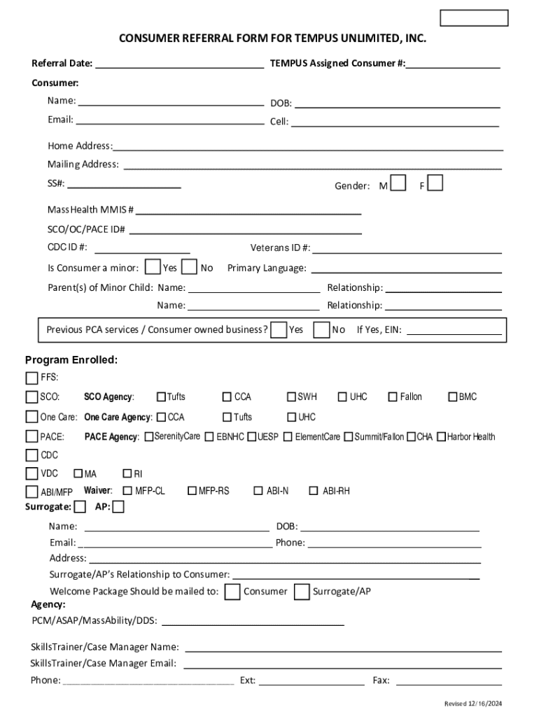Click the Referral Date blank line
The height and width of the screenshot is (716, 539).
tap(179, 64)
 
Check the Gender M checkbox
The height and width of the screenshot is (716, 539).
tap(398, 183)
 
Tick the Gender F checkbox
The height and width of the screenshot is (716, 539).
tap(435, 183)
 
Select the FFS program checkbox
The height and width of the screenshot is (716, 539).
tap(31, 378)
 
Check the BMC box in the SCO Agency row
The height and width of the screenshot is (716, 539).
tap(453, 397)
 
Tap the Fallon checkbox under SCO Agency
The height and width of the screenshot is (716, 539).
tap(393, 397)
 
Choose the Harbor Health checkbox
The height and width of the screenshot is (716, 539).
tap(442, 437)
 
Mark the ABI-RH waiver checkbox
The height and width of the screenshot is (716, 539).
tap(314, 491)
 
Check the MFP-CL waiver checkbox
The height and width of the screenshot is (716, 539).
tap(127, 491)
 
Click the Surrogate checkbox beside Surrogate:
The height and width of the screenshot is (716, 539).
tap(80, 506)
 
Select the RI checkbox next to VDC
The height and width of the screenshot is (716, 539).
tap(127, 474)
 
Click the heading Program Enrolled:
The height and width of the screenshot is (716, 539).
tap(71, 360)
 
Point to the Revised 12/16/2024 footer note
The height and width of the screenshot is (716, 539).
tap(473, 703)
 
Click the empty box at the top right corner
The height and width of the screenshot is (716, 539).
tap(474, 18)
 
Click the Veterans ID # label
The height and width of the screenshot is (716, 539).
tap(280, 248)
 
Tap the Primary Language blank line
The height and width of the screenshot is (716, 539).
tap(406, 269)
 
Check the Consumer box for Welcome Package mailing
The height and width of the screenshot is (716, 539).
tap(232, 592)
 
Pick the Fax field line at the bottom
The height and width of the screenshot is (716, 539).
tap(449, 681)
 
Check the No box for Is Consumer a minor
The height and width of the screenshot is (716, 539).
tap(189, 267)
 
